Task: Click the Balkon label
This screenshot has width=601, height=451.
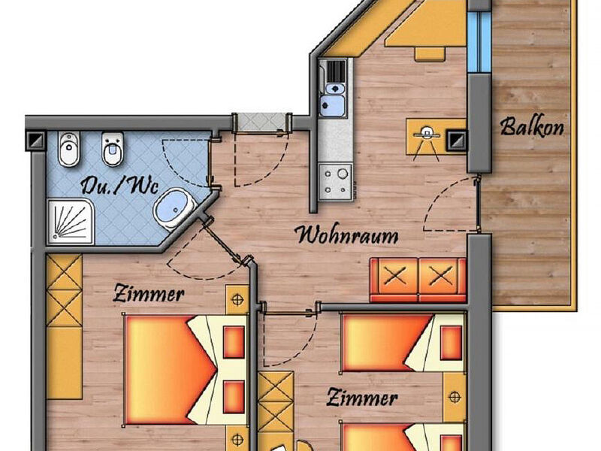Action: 532,126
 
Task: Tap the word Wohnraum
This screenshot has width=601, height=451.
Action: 347,235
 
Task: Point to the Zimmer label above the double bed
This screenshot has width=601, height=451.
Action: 148,294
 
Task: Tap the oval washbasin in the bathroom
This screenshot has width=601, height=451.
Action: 172,208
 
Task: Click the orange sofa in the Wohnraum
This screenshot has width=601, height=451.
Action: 418,280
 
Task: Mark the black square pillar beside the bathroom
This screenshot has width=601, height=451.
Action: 35,139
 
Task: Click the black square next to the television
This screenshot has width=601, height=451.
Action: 455,138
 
